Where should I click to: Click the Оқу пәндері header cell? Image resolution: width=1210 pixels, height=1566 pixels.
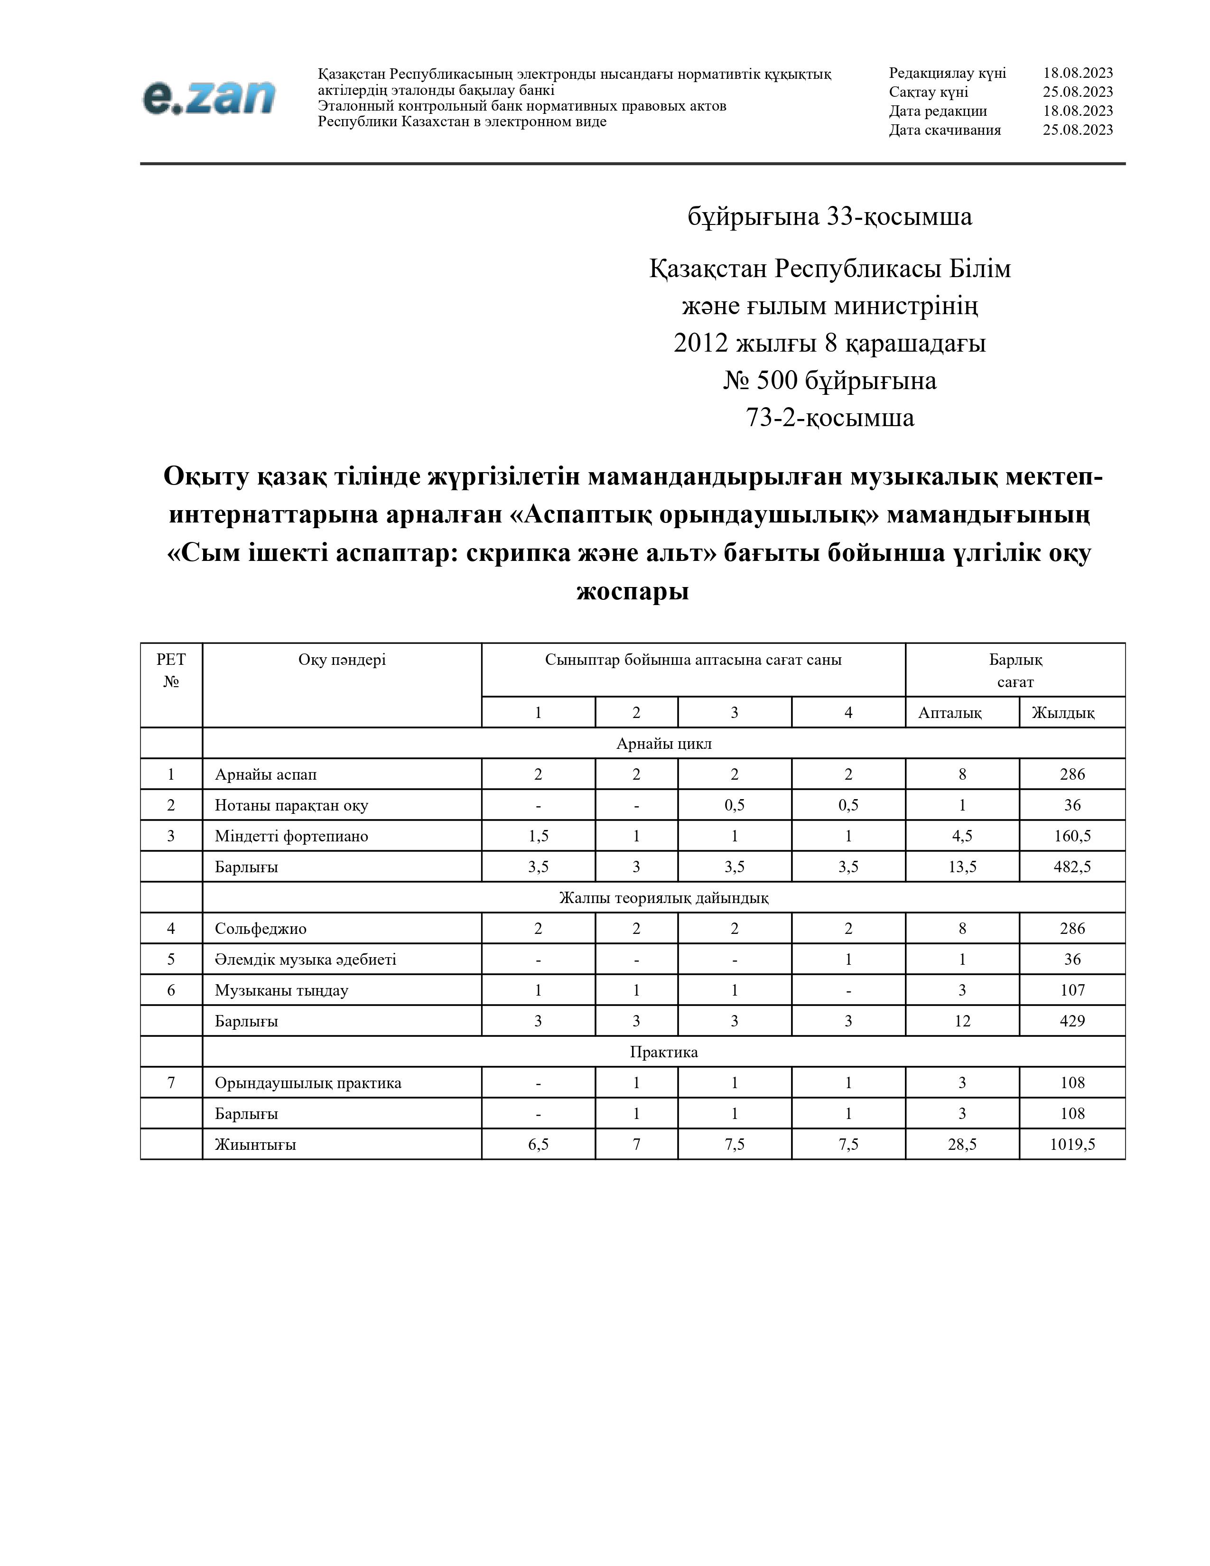(342, 660)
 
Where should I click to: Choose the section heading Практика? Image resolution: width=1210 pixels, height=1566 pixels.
(664, 1052)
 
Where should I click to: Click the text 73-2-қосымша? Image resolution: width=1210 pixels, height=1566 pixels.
(830, 417)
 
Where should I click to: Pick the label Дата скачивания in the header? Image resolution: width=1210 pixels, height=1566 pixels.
(945, 130)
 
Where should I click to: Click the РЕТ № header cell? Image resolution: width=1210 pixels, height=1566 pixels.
(171, 671)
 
